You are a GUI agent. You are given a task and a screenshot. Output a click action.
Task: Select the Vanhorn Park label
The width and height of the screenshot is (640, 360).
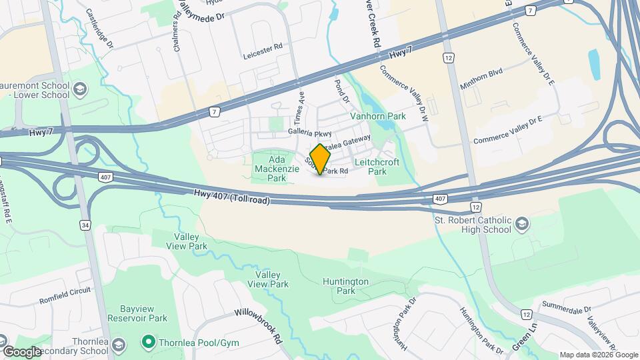tap(378, 116)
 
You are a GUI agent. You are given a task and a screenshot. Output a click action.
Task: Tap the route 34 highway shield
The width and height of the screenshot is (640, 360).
tap(85, 225)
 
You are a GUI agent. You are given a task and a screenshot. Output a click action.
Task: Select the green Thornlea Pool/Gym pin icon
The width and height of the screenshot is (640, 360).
tap(147, 343)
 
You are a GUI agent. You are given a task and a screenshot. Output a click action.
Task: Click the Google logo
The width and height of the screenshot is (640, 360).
tap(22, 351)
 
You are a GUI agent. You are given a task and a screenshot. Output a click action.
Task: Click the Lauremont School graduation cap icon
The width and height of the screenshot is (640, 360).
tap(79, 89)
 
